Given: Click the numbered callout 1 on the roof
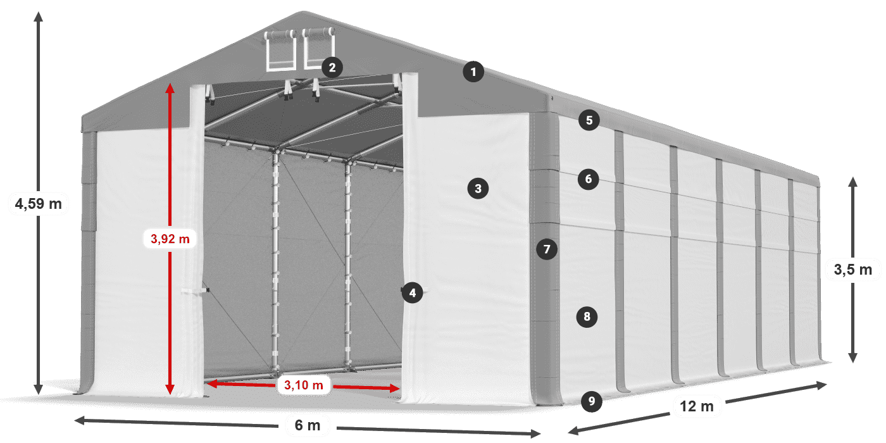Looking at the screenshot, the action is (x=473, y=72).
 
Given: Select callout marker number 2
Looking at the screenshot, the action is (x=332, y=68).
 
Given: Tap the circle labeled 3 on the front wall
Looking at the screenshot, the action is (x=478, y=189).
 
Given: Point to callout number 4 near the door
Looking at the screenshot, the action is (x=412, y=293).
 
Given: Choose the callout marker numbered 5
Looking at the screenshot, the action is (x=589, y=120).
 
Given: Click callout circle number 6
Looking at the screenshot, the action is (x=588, y=179).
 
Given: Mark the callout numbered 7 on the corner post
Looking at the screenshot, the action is (x=547, y=249).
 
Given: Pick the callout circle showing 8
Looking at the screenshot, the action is (x=587, y=316).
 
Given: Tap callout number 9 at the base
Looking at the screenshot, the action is (x=591, y=401).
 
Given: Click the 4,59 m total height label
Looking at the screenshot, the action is (x=39, y=204).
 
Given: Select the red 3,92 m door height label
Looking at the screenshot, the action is (x=170, y=239).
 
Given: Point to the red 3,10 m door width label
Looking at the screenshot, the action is (x=303, y=385).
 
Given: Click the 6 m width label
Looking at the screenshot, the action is (x=308, y=425).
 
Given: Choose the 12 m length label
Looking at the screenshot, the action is (x=697, y=406).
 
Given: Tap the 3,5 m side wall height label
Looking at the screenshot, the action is (x=853, y=270).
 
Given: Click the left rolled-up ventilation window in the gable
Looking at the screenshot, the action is (x=281, y=50).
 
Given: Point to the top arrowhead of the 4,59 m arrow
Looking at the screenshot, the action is (x=39, y=16).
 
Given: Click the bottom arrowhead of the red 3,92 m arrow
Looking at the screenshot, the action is (x=170, y=389).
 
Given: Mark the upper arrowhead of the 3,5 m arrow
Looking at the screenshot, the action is (x=853, y=182).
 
